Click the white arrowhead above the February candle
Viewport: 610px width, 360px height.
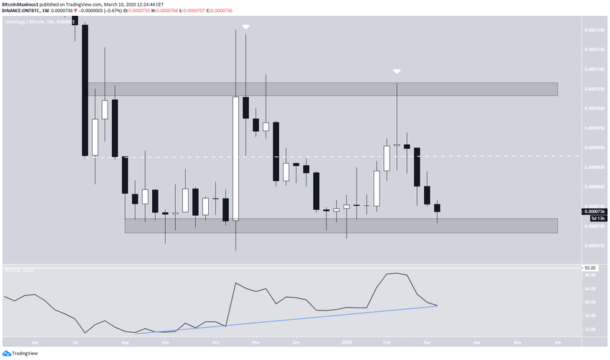click(x=397, y=71)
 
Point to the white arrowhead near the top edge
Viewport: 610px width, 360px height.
click(x=245, y=27)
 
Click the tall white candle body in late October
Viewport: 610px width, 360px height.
click(x=235, y=158)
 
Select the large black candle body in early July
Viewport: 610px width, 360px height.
click(x=85, y=90)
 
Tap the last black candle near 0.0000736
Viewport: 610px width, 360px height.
click(x=437, y=208)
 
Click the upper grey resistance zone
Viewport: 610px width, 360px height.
click(x=323, y=89)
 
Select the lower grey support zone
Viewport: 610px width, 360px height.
click(x=341, y=225)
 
